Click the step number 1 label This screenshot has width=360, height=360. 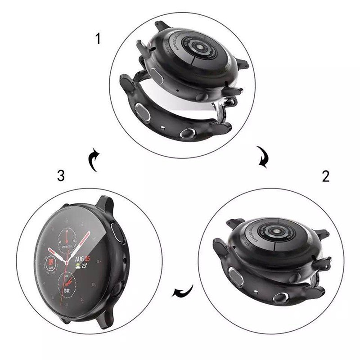click(x=98, y=39)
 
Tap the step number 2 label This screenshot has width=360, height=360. click(x=325, y=176)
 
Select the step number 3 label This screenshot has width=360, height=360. click(x=62, y=176)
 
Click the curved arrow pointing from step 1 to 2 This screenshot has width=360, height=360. click(x=262, y=156)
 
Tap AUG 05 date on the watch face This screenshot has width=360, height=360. click(x=81, y=259)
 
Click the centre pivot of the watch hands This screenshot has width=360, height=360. click(x=67, y=261)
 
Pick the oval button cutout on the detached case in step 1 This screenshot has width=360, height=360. click(x=144, y=109)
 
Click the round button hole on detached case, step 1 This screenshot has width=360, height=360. click(x=187, y=134)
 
